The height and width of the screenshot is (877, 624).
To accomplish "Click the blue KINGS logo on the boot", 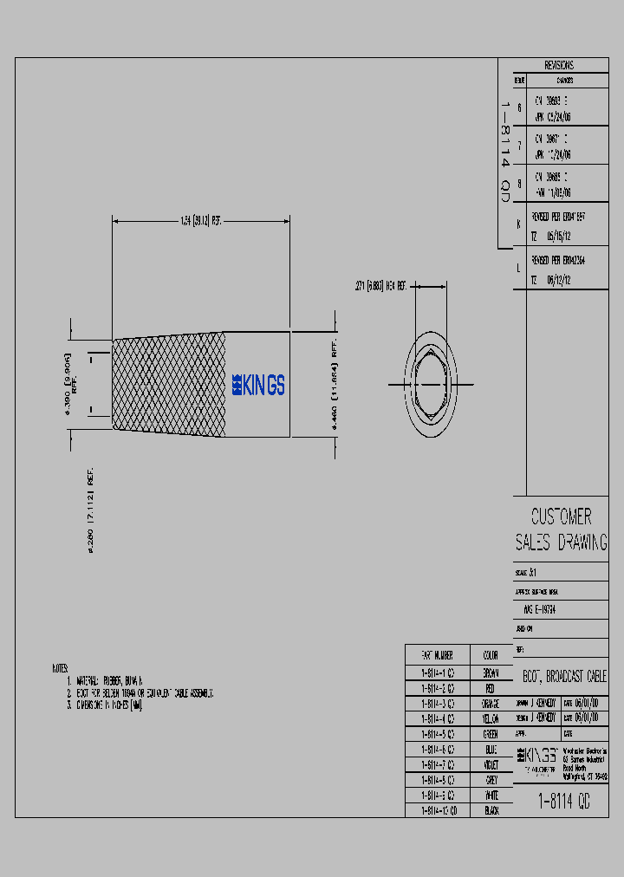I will pos(258,386).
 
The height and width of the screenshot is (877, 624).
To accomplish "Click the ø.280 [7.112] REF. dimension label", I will pos(91,516).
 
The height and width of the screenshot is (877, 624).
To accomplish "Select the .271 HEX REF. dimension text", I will pos(382,285).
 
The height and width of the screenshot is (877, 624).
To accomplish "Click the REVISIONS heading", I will pos(559,66).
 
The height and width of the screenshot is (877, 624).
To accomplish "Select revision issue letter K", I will pos(518,223).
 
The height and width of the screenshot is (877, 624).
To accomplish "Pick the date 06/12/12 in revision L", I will pos(559,280).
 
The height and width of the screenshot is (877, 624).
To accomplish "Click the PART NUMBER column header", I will pos(438,655).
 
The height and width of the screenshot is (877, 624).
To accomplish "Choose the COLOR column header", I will pos(490,655).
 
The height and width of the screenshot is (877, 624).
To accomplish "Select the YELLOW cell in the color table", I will pos(490,718).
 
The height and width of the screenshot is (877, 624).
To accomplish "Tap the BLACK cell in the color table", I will pos(490,809).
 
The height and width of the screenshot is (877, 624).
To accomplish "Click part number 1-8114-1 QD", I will pos(438,672).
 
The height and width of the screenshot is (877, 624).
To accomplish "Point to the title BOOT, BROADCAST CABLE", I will pos(564,676).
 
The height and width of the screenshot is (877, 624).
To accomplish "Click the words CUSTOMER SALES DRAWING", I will pos(561,529).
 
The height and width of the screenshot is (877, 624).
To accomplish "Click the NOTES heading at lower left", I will pos(60,669).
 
